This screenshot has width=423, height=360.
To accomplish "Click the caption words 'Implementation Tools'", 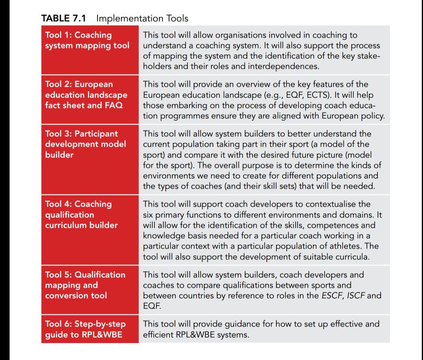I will pyautogui.click(x=142, y=18).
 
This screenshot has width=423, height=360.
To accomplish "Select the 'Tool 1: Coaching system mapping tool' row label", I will pyautogui.click(x=87, y=40).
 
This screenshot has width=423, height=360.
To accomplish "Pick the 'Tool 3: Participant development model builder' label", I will pyautogui.click(x=85, y=144).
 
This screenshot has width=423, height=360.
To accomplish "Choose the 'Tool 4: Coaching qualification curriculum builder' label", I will pyautogui.click(x=81, y=215).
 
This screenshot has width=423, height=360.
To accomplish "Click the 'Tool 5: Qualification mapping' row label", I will pyautogui.click(x=85, y=285).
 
